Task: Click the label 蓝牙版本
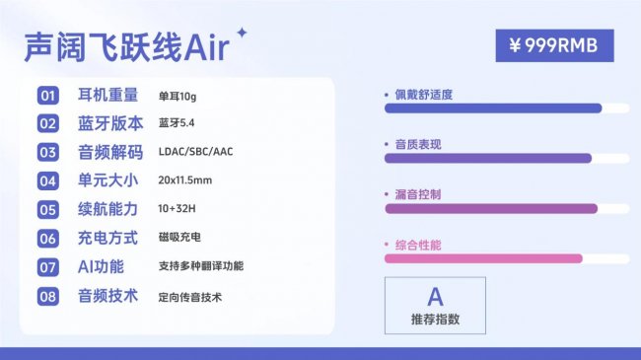pyautogui.click(x=109, y=124)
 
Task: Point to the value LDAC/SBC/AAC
pyautogui.click(x=195, y=153)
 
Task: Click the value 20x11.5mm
pyautogui.click(x=185, y=181)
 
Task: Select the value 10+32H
pyautogui.click(x=178, y=210)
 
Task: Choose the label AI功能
pyautogui.click(x=101, y=267)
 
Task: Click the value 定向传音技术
pyautogui.click(x=190, y=296)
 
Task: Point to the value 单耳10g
pyautogui.click(x=178, y=96)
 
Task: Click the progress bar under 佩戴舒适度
pyautogui.click(x=492, y=108)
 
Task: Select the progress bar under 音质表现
pyautogui.click(x=487, y=158)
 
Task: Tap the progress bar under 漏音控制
pyautogui.click(x=490, y=208)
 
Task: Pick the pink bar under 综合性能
pyautogui.click(x=482, y=258)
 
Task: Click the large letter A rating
pyautogui.click(x=435, y=296)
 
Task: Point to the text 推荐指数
pyautogui.click(x=435, y=319)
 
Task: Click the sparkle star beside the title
pyautogui.click(x=243, y=34)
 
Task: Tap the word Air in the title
pyautogui.click(x=206, y=47)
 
